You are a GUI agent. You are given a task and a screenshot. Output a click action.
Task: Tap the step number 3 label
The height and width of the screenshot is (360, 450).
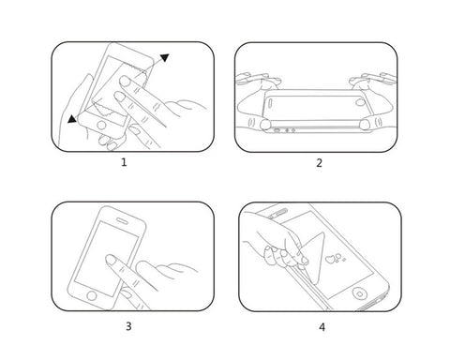click(127, 326)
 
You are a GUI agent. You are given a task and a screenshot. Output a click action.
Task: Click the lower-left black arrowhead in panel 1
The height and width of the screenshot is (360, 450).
click(73, 118)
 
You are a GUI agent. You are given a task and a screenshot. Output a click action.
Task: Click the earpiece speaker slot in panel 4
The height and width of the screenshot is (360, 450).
click(280, 214)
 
